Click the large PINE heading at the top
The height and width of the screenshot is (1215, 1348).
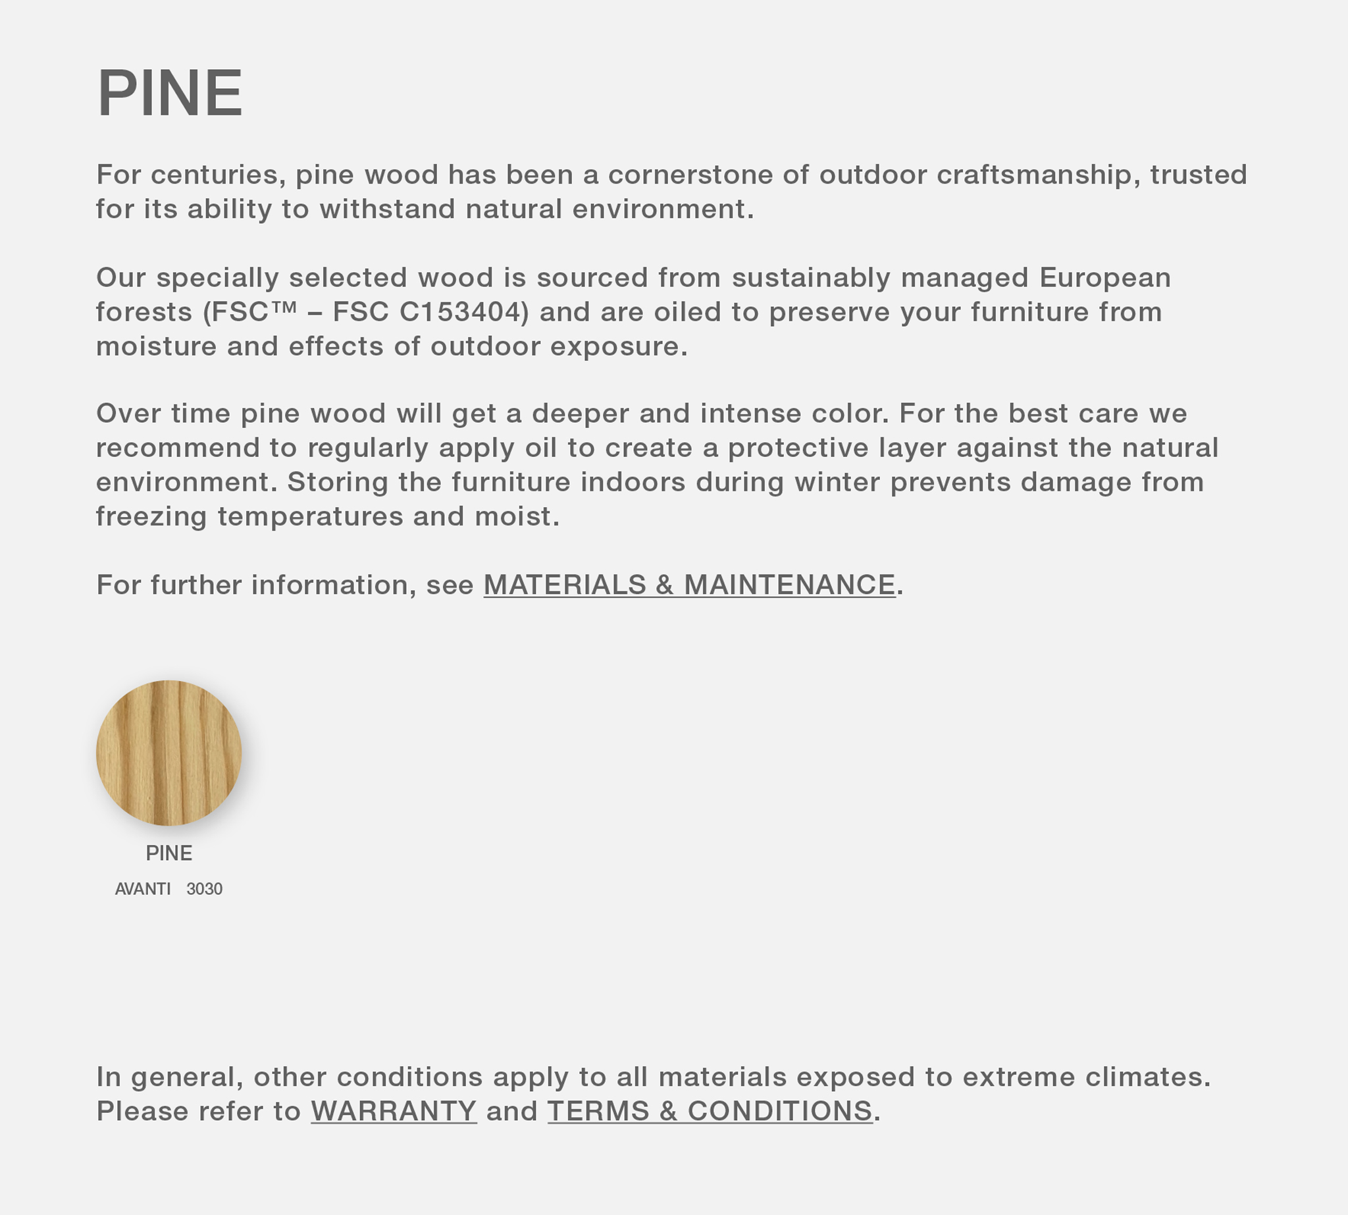(170, 94)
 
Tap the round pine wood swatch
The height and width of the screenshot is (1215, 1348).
(169, 752)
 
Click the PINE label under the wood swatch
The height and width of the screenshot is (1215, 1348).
(169, 853)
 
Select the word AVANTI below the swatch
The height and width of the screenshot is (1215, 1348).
(143, 889)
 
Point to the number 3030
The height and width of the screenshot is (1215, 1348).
(204, 889)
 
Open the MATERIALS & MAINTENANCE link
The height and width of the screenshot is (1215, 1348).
(689, 585)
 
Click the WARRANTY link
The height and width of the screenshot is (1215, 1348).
(394, 1112)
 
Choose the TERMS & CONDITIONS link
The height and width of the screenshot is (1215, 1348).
(710, 1112)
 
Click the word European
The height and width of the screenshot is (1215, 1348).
(1104, 278)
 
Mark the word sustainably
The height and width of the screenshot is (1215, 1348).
(811, 278)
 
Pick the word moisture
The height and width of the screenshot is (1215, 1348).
(157, 346)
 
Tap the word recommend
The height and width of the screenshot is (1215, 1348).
(178, 448)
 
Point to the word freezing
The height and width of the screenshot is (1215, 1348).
(151, 517)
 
